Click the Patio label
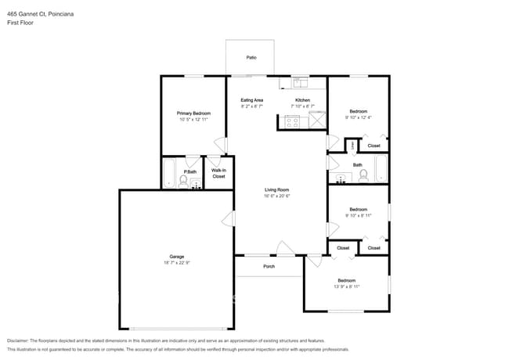pyautogui.click(x=251, y=57)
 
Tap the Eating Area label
pyautogui.click(x=251, y=100)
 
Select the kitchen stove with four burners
pyautogui.click(x=291, y=121)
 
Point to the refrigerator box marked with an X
pyautogui.click(x=317, y=121)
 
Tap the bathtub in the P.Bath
pyautogui.click(x=168, y=173)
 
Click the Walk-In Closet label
pyautogui.click(x=218, y=173)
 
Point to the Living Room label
pyautogui.click(x=276, y=189)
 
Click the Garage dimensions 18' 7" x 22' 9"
pyautogui.click(x=177, y=262)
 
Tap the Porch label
pyautogui.click(x=269, y=266)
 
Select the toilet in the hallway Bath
pyautogui.click(x=363, y=175)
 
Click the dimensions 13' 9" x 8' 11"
pyautogui.click(x=346, y=286)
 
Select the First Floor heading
pyautogui.click(x=20, y=23)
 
